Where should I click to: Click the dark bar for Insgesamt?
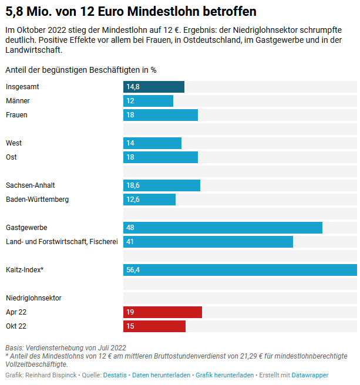[x=154, y=87]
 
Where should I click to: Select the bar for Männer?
[x=148, y=101]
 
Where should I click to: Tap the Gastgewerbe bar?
[x=223, y=228]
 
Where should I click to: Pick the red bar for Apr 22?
[x=163, y=312]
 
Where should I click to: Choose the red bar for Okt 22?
[x=154, y=326]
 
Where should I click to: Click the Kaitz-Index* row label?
[x=25, y=270]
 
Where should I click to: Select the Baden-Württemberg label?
[x=37, y=200]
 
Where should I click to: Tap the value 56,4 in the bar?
[x=133, y=270]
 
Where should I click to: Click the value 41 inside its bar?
[x=130, y=242]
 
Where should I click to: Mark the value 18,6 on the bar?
[x=133, y=185]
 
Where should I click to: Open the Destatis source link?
[x=115, y=375]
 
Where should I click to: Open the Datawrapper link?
[x=310, y=375]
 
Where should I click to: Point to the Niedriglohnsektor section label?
[x=33, y=298]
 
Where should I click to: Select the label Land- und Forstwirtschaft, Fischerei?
[x=62, y=242]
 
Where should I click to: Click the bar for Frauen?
[x=160, y=115]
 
